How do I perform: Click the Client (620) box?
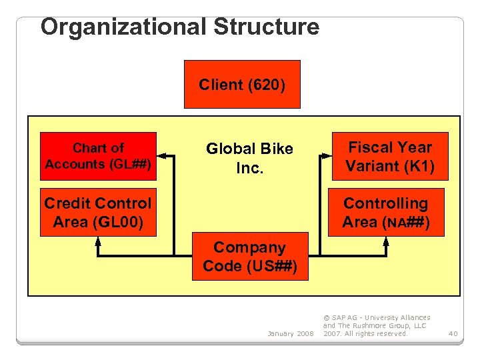click(x=242, y=84)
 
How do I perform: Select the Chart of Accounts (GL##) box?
click(x=98, y=156)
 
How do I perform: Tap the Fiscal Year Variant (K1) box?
click(x=390, y=156)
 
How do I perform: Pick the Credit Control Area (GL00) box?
click(x=98, y=213)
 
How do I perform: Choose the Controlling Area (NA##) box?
click(x=386, y=213)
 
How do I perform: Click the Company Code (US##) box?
click(x=251, y=257)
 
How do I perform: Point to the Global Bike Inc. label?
click(x=249, y=158)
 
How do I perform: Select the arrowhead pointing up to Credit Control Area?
click(x=98, y=241)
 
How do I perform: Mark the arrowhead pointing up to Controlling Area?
click(x=386, y=241)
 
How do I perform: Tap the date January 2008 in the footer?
click(x=290, y=333)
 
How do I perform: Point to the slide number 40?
click(x=453, y=333)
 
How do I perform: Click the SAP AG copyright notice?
click(x=377, y=325)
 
